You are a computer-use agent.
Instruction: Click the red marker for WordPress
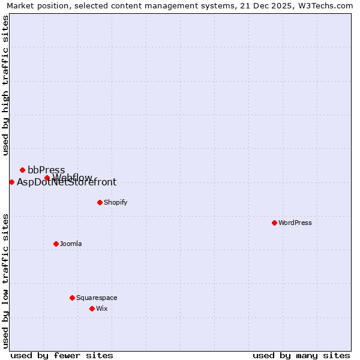[274, 223]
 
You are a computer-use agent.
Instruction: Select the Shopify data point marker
[100, 202]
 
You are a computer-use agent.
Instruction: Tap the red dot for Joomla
[56, 244]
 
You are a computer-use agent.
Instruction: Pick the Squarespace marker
[72, 298]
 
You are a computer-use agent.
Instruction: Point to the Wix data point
[92, 308]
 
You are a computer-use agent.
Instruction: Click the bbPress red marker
[22, 170]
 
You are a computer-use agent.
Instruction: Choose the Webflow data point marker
[47, 178]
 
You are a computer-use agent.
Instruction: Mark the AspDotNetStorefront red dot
[11, 182]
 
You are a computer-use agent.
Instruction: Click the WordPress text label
[295, 223]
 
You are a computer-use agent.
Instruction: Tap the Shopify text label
[116, 202]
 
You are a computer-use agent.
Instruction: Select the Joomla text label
[71, 244]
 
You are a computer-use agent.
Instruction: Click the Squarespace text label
[97, 298]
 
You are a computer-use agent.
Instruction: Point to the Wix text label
[102, 308]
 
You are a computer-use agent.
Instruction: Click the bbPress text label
[46, 170]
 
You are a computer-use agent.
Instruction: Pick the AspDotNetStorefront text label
[67, 182]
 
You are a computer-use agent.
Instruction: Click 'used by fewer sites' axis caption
[62, 355]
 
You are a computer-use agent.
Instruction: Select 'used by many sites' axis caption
[301, 355]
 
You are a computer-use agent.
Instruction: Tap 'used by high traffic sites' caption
[5, 85]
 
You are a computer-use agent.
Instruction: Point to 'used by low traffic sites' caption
[5, 281]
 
